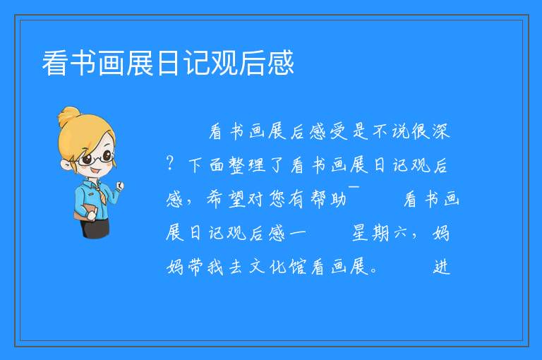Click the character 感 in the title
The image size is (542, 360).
click(x=280, y=63)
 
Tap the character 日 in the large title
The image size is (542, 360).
click(x=169, y=63)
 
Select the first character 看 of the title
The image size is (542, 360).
click(x=55, y=63)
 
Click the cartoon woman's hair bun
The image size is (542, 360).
click(x=68, y=116)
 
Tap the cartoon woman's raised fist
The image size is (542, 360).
click(x=119, y=186)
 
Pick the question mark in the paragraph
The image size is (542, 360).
click(x=169, y=162)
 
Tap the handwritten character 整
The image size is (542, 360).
click(x=237, y=165)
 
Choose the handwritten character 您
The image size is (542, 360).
click(x=277, y=199)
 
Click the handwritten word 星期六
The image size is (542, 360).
click(x=380, y=233)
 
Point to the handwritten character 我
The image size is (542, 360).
click(x=216, y=267)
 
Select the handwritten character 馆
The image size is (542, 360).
click(x=297, y=267)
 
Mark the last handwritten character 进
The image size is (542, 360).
click(x=441, y=267)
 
